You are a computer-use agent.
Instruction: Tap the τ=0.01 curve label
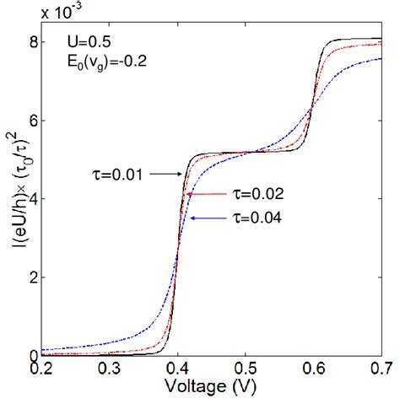(118, 175)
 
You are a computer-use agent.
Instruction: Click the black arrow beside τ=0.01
(166, 174)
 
